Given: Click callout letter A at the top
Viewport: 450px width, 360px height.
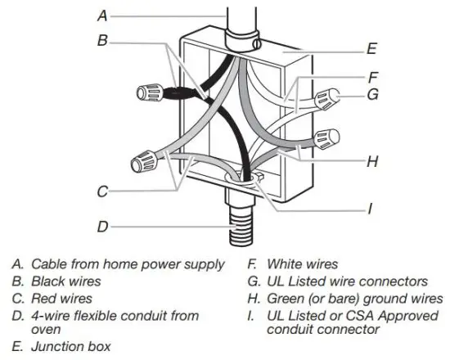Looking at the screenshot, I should point(101,14).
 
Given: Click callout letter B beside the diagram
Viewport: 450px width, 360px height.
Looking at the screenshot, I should point(101,39).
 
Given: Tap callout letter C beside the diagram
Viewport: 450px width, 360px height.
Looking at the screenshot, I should point(101,193).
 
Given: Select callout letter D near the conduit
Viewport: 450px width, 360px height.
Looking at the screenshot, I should point(101,227).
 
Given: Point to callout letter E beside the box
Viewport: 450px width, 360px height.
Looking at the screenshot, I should point(371,49).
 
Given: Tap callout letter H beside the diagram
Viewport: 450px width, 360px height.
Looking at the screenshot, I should point(371,161).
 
